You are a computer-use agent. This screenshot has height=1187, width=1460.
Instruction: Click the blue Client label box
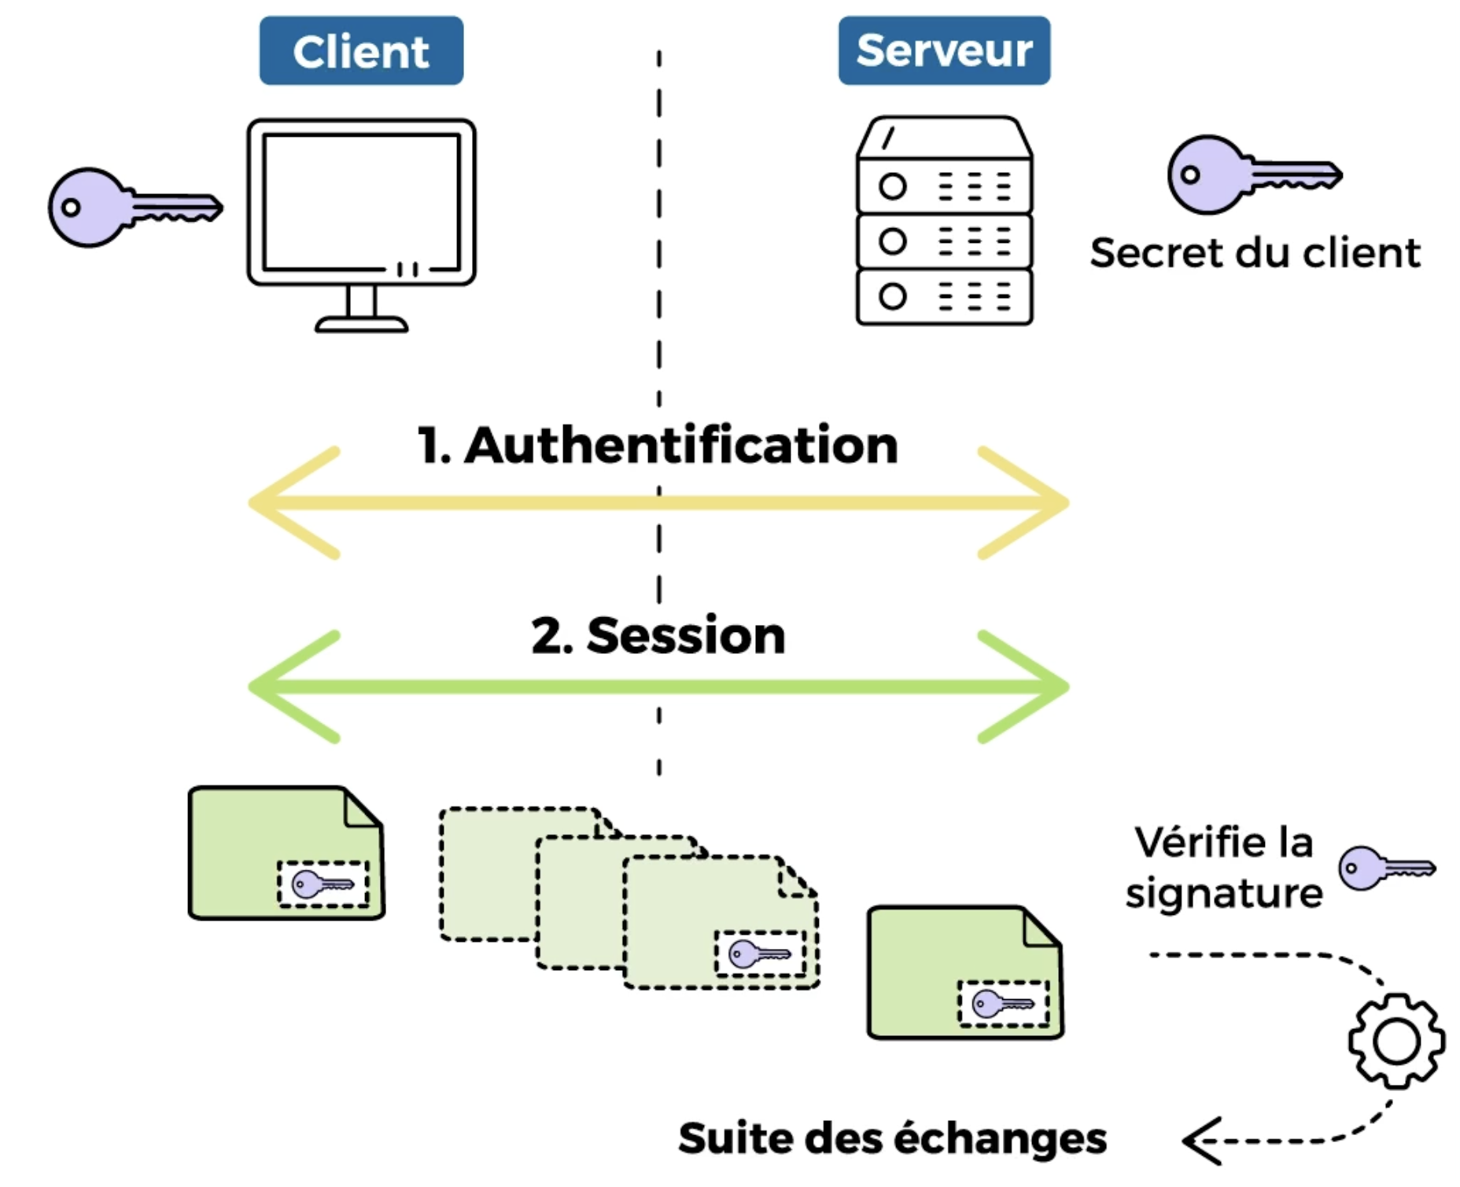coord(361,50)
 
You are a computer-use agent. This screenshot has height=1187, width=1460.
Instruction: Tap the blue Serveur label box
coord(944,50)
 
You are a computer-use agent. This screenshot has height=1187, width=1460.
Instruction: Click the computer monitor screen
coord(361,202)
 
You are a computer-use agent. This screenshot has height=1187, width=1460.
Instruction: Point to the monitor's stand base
coord(361,324)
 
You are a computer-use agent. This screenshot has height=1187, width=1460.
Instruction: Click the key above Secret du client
coord(1255,175)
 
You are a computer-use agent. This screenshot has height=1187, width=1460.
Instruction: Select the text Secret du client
coord(1255,253)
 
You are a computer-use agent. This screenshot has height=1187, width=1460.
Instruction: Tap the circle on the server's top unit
coord(892,186)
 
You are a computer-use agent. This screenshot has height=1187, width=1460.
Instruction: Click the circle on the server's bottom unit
coord(892,296)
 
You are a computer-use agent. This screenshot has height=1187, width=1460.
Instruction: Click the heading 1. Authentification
coord(658,445)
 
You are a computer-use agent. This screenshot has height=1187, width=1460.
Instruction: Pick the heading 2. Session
coord(658,635)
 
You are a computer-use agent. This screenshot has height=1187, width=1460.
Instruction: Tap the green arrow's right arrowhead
coord(1023,687)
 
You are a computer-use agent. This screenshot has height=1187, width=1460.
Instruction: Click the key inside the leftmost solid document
coord(323,884)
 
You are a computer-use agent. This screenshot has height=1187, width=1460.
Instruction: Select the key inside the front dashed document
coord(760,954)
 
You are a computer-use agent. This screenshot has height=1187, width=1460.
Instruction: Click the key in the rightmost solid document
coord(1003,1004)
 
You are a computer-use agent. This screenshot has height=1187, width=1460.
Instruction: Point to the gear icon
coord(1396,1041)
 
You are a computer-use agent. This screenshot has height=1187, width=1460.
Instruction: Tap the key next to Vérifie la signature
coord(1387,868)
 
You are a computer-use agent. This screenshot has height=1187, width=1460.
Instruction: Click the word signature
coord(1224,895)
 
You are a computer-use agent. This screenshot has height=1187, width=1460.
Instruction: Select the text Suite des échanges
coord(893,1138)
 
